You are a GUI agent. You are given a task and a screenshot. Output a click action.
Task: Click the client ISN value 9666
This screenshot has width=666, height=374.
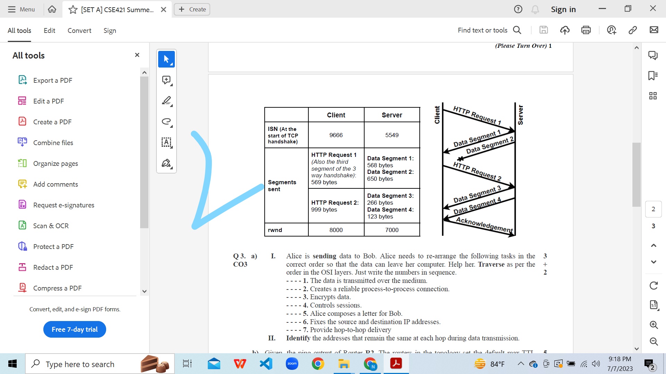coord(336,135)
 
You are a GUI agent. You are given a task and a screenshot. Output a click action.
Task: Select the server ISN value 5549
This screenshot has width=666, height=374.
coord(392,135)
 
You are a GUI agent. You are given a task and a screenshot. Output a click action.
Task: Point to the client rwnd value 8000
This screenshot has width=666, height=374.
coord(336,230)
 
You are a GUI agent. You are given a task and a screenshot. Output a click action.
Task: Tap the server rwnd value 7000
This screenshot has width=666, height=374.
coord(392,230)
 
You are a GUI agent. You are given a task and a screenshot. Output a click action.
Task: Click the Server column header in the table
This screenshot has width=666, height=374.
coord(392,115)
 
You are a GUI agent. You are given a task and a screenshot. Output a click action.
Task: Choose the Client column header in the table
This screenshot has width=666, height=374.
coord(336,115)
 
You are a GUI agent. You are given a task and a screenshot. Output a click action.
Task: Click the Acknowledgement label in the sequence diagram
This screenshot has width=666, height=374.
coord(484,225)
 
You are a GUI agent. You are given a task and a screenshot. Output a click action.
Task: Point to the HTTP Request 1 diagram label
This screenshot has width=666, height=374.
coord(477,115)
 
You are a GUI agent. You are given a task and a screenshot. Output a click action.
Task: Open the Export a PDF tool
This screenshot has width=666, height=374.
coord(52,80)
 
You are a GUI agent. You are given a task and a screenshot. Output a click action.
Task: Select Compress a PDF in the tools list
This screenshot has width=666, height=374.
coord(57,288)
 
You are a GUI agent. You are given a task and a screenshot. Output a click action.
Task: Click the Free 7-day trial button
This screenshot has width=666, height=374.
coord(75,329)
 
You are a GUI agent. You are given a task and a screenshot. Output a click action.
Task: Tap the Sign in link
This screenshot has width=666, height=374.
coord(563,9)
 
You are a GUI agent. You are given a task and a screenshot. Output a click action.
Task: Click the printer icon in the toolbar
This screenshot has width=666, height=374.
coord(586,30)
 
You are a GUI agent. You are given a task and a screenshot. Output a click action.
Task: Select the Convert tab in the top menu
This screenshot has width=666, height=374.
coord(79,30)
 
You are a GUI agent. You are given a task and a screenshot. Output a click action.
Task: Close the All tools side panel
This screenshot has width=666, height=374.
coord(137,55)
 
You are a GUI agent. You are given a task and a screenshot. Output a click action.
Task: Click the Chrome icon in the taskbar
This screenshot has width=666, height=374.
coord(318,364)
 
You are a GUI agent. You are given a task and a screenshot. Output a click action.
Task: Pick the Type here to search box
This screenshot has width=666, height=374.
coord(80,364)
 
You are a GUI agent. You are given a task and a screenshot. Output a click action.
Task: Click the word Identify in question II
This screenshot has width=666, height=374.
coord(298,338)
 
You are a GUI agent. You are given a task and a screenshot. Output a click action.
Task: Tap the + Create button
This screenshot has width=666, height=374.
coord(192,9)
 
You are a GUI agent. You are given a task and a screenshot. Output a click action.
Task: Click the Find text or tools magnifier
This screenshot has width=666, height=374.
coord(517,30)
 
